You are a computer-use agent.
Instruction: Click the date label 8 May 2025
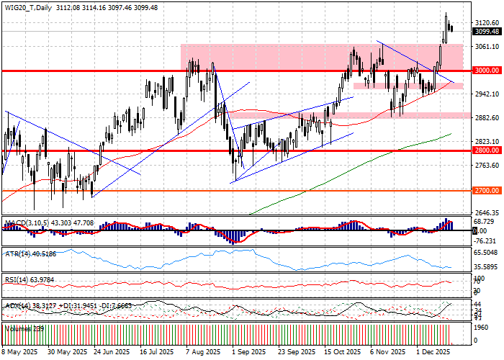pyautogui.click(x=19, y=353)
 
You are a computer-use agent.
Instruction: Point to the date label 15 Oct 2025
pyautogui.click(x=342, y=353)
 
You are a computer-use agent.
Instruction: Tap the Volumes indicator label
pyautogui.click(x=17, y=328)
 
